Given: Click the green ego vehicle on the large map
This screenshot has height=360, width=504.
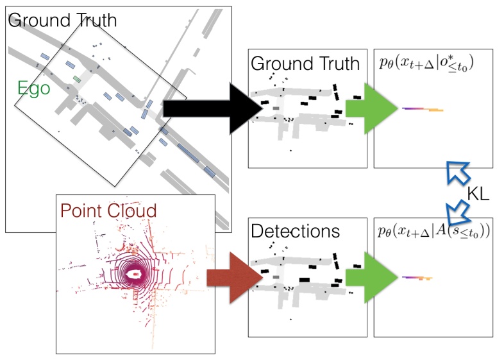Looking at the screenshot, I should [77, 79].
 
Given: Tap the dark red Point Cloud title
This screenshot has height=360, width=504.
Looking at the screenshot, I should [108, 210].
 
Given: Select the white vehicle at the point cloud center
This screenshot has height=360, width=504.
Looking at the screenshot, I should [135, 274].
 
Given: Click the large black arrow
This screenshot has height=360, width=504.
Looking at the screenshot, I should [212, 108].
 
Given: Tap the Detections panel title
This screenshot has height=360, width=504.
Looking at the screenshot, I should [296, 230].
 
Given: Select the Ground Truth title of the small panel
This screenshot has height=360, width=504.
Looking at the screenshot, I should [305, 63].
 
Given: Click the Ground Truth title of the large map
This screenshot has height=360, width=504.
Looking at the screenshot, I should [63, 19].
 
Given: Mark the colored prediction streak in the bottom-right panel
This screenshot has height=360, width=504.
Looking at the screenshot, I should [417, 278].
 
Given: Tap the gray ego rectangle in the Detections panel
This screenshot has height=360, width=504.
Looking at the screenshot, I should [276, 278].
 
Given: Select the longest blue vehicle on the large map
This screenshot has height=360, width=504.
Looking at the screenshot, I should [187, 151].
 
